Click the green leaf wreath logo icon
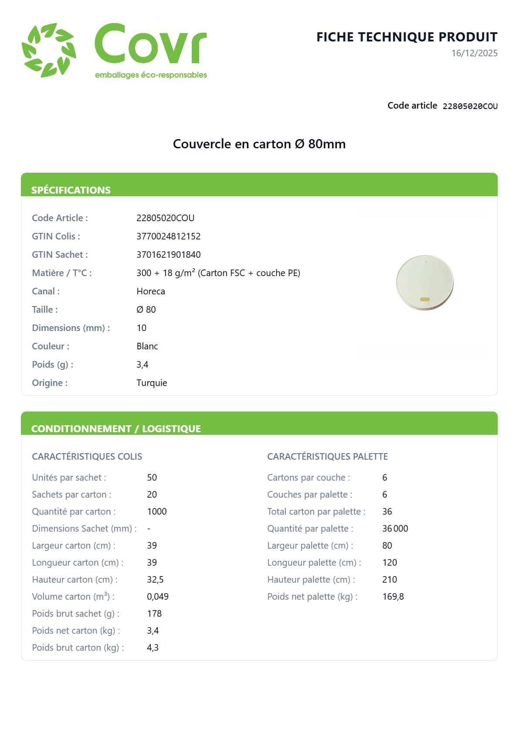[49, 50]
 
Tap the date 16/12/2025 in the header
[474, 53]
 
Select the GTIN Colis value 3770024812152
[168, 236]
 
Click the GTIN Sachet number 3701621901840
[168, 255]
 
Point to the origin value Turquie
[152, 383]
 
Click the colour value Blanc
[147, 346]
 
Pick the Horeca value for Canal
[150, 291]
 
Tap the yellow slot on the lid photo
[425, 300]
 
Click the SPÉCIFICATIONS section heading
[71, 190]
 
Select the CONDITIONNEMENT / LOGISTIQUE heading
[116, 429]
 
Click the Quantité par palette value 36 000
[395, 529]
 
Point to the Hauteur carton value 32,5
[155, 580]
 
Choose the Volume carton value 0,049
[157, 597]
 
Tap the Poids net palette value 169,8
[393, 597]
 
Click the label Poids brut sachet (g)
[75, 614]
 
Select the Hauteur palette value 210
[389, 580]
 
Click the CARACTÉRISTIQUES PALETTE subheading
[327, 457]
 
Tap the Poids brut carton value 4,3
[153, 648]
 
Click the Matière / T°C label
[62, 273]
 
